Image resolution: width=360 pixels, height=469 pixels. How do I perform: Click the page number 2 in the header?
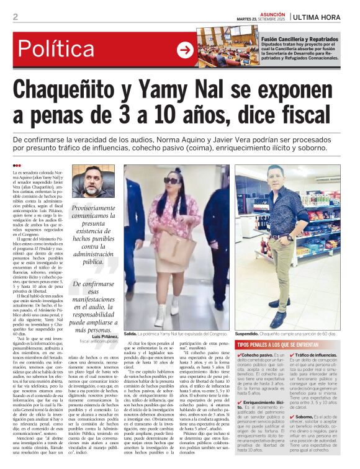[x=15, y=17]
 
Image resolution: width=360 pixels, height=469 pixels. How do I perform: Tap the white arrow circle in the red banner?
[x=184, y=50]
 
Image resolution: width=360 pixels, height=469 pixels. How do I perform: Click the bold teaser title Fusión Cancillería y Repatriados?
[x=300, y=38]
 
